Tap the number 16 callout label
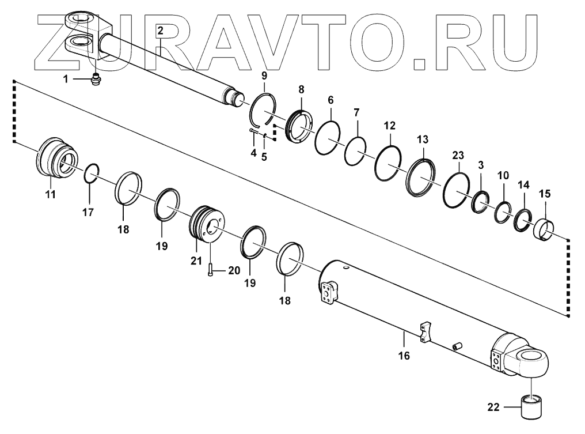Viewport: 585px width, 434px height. coord(404,356)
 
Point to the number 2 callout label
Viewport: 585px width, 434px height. coord(161,31)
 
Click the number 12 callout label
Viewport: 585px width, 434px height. coord(390,124)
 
